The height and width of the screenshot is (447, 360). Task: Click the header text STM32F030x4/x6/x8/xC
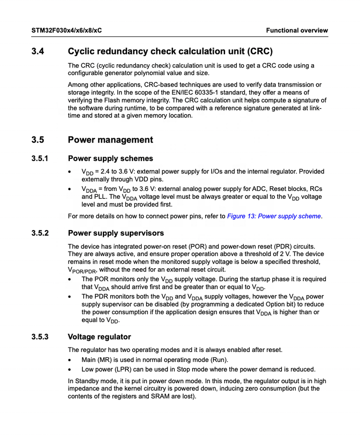67,31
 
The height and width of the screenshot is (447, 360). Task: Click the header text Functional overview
297,31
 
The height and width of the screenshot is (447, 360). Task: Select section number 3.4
38,51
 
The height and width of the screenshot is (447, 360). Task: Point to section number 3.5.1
40,159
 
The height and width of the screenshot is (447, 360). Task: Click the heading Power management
110,140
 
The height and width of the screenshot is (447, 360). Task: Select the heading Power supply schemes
110,159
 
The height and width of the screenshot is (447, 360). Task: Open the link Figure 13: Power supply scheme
274,216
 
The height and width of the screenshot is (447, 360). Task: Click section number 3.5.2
40,233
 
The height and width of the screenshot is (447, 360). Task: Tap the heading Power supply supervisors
116,233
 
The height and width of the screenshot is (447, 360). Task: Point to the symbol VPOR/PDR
82,270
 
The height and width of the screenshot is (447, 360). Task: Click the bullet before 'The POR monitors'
70,279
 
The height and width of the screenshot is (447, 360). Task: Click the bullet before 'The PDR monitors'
70,297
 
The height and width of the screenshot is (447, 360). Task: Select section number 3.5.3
40,337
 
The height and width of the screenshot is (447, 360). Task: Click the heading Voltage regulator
99,337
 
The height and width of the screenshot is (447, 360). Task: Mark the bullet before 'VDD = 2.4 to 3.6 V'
70,172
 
